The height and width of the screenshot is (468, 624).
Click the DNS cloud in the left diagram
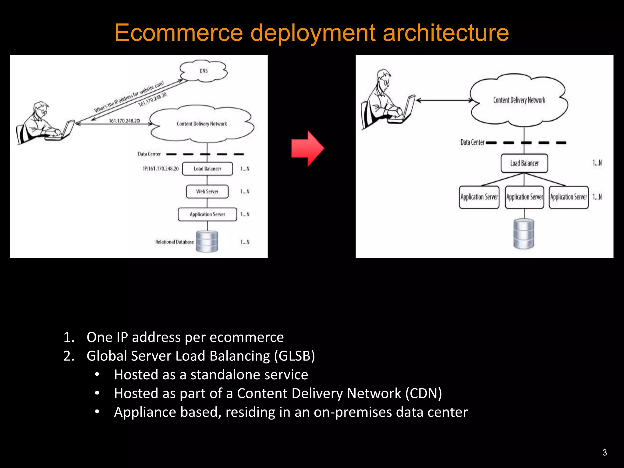coord(204,71)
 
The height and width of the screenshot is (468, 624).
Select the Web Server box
coord(207,192)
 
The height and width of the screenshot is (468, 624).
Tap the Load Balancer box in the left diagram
coord(207,169)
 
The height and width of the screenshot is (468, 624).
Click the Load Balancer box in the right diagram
coord(524,163)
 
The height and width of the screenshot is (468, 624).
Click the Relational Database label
coord(174,242)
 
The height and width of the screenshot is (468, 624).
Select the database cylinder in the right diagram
coord(524,234)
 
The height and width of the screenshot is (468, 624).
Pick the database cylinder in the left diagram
coord(207,241)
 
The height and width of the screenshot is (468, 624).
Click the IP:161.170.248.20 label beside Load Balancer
coord(161,168)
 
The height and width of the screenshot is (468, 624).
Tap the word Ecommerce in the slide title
coord(179,33)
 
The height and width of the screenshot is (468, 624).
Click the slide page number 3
coord(604,452)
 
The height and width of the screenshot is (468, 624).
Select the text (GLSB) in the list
coord(294,356)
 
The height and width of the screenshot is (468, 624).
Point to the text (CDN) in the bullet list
coord(424,393)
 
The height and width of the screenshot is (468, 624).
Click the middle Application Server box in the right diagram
coord(524,197)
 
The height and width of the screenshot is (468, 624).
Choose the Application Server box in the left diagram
coord(207,214)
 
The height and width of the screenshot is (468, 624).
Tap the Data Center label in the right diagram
coord(472,142)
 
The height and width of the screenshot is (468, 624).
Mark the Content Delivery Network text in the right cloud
coord(519,100)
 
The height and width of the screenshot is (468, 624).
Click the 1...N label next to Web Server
coord(245,192)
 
